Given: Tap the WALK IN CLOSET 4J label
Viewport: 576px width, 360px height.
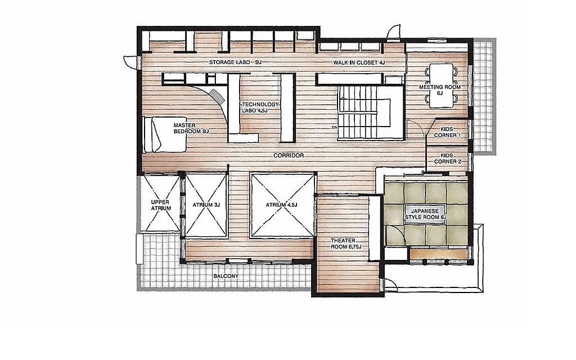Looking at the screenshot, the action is tap(359, 62).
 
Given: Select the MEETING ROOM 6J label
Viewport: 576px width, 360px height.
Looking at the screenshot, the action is tap(440, 90).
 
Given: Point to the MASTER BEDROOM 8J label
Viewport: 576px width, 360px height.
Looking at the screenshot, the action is tap(191, 128).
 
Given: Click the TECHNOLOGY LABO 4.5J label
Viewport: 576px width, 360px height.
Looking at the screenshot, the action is tap(260, 107).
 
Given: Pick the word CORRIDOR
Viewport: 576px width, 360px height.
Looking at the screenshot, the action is tap(289, 155).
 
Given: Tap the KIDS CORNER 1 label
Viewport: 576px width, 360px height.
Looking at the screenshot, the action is tap(447, 132).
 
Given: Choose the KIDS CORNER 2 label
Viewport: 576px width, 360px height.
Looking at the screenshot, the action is tap(447, 158).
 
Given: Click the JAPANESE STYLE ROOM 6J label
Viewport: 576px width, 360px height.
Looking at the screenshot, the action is tap(425, 214).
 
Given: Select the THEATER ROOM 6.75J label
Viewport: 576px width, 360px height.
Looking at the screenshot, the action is tap(346, 244).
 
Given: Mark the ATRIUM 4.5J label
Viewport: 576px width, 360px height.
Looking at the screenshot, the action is tap(281, 205).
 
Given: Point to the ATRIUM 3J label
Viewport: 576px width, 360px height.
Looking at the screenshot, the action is tap(206, 205).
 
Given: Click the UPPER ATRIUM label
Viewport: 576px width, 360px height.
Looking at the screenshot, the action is tap(161, 205).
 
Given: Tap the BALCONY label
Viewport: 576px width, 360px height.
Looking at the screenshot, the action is tap(226, 276).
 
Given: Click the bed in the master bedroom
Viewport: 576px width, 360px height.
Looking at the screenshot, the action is tap(165, 134).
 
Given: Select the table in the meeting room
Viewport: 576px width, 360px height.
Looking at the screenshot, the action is tap(441, 85).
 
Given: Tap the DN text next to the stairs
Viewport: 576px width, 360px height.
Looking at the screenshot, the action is tap(334, 128).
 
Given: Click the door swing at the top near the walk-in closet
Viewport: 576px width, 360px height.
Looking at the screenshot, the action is tap(394, 31).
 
